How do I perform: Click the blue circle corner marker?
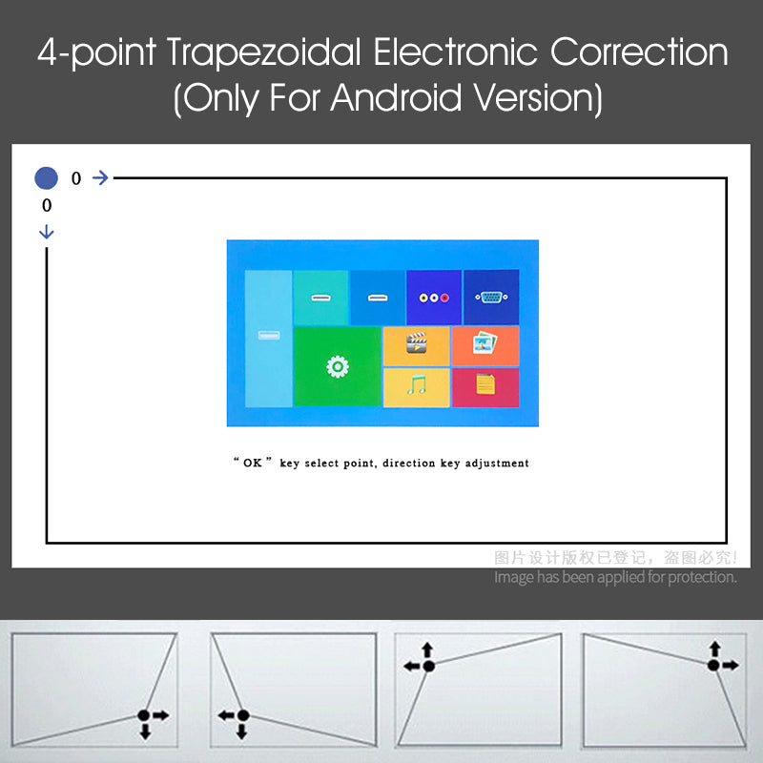[x=46, y=177]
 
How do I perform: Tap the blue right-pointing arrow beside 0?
[x=100, y=177]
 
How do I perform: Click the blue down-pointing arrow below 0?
[x=47, y=232]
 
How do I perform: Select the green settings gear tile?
[x=337, y=366]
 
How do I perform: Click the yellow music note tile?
[x=416, y=387]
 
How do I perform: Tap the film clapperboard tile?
[x=416, y=344]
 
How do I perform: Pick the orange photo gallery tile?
[x=485, y=344]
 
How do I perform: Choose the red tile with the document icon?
[x=485, y=386]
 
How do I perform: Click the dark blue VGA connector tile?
[x=491, y=297]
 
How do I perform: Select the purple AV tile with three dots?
[x=434, y=297]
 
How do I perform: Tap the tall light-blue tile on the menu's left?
[x=268, y=338]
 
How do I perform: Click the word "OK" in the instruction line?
[x=253, y=464]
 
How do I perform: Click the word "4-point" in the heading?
[x=96, y=53]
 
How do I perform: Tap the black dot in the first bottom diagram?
[x=143, y=714]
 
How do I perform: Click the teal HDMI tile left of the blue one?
[x=320, y=297]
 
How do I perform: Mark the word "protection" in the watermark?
[x=698, y=577]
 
